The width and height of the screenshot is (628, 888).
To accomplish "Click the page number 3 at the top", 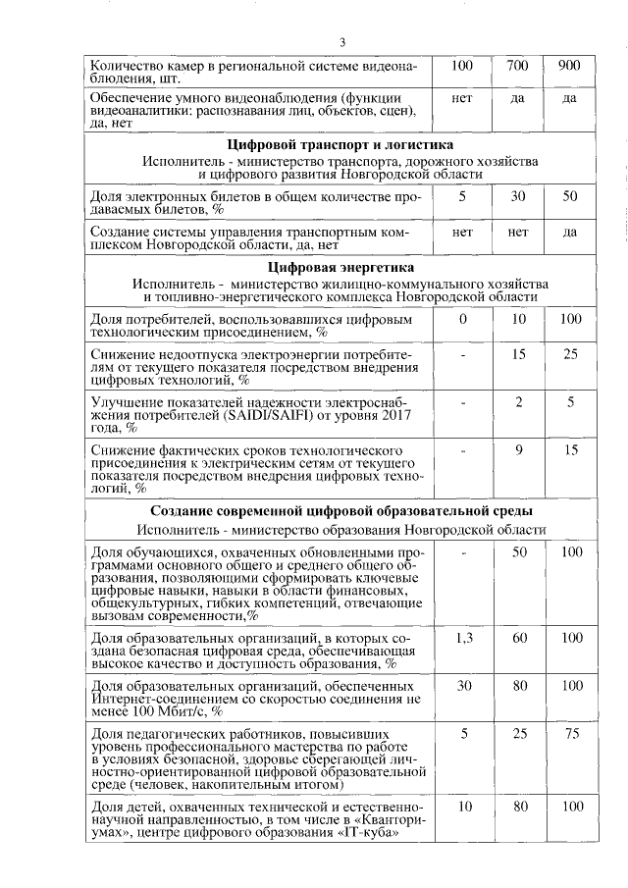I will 342,41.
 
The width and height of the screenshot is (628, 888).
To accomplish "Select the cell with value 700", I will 518,66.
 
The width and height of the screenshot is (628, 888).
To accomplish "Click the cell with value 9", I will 518,448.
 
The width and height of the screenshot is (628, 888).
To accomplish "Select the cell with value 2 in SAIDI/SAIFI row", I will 518,401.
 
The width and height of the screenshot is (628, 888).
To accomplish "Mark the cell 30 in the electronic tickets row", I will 518,195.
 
